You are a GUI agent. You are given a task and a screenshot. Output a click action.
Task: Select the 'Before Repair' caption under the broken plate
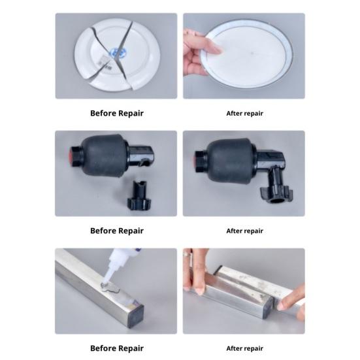(x=116, y=113)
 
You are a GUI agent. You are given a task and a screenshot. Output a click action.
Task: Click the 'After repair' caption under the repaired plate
(x=244, y=113)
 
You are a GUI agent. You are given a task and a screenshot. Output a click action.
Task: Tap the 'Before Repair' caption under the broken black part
(x=116, y=231)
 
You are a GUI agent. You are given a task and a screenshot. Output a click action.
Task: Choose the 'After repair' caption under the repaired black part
(x=244, y=231)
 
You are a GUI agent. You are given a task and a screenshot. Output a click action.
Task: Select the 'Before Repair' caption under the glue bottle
(x=116, y=348)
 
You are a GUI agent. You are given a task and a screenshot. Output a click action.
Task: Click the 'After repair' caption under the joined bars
(x=244, y=348)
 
